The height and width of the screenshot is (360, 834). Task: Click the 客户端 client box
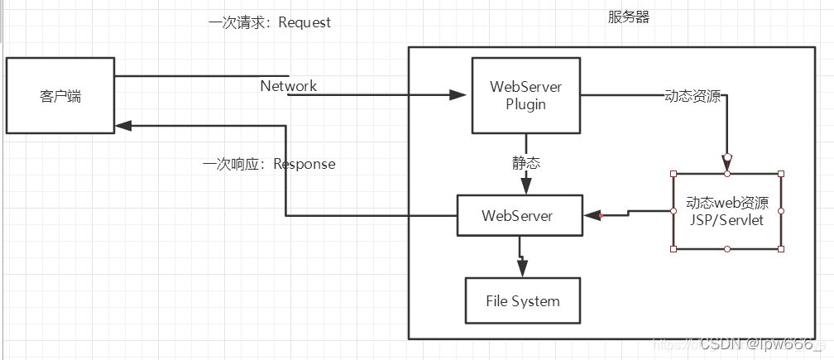[60, 95]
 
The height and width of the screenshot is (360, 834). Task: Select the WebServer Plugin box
[525, 95]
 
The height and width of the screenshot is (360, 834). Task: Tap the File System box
[522, 301]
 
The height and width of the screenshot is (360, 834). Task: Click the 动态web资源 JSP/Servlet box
[727, 211]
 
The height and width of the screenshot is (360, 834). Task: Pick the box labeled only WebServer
[520, 215]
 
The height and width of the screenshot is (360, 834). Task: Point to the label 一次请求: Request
[269, 22]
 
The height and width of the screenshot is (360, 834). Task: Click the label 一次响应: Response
[269, 164]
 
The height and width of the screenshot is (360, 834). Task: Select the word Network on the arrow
[288, 86]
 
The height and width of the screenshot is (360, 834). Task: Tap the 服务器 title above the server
[629, 17]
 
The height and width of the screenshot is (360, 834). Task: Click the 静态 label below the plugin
[525, 163]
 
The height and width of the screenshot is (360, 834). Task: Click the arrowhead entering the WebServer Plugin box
[459, 96]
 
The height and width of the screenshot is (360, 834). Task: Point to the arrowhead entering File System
[521, 268]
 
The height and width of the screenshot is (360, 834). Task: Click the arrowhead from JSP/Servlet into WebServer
[592, 216]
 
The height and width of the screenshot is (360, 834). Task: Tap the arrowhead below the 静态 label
[525, 185]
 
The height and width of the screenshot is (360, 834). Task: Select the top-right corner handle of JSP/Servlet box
[781, 174]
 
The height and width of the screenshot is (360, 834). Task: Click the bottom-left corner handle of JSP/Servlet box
[673, 248]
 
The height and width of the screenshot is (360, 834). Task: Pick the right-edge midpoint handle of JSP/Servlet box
[781, 211]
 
